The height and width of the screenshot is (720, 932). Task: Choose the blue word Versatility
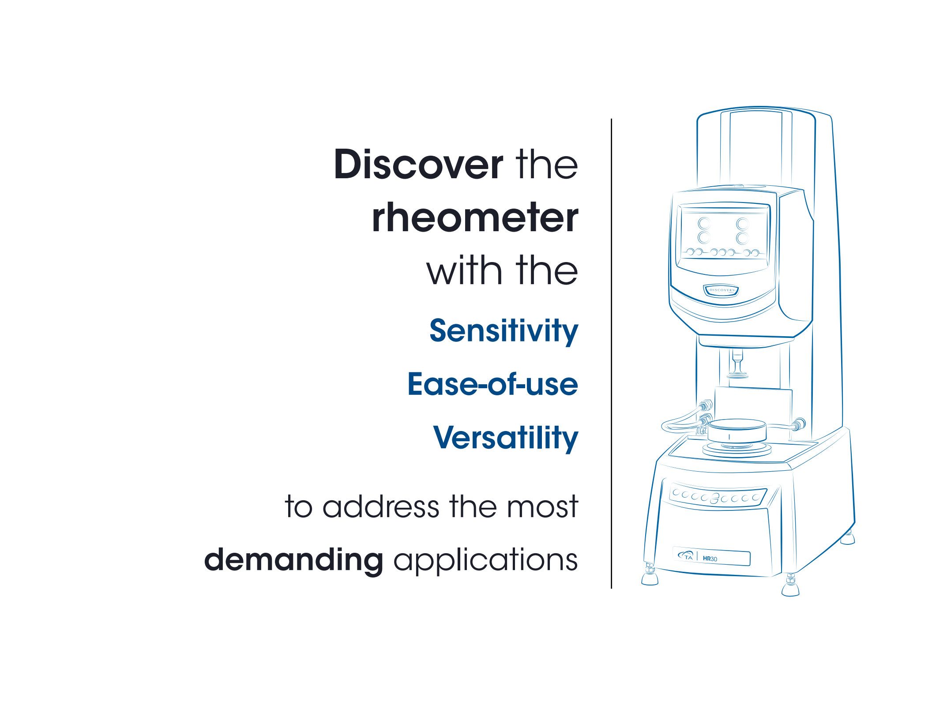pyautogui.click(x=506, y=438)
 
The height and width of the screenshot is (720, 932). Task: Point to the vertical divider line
pyautogui.click(x=611, y=353)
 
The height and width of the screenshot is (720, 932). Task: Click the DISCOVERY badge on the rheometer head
pyautogui.click(x=721, y=290)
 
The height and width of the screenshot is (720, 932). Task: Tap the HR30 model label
pyautogui.click(x=710, y=559)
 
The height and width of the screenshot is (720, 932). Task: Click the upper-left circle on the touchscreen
pyautogui.click(x=704, y=224)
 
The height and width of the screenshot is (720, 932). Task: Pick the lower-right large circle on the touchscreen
pyautogui.click(x=743, y=238)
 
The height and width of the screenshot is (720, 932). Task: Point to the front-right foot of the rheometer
pyautogui.click(x=790, y=585)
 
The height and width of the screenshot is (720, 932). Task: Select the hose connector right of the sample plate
pyautogui.click(x=798, y=425)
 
